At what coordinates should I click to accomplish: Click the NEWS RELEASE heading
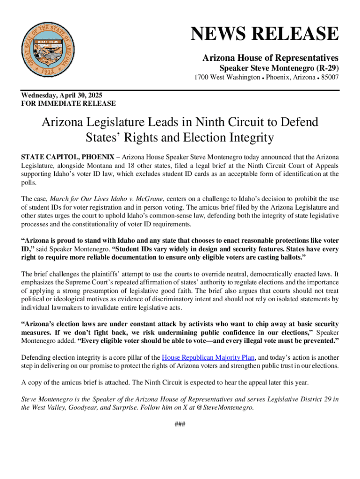click(264, 35)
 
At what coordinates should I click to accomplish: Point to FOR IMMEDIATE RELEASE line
click(69, 103)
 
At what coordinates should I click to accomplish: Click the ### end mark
click(180, 424)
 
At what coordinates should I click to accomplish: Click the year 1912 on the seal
click(50, 73)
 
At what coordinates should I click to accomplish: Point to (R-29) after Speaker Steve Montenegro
click(324, 67)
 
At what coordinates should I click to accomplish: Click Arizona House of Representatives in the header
click(270, 58)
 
